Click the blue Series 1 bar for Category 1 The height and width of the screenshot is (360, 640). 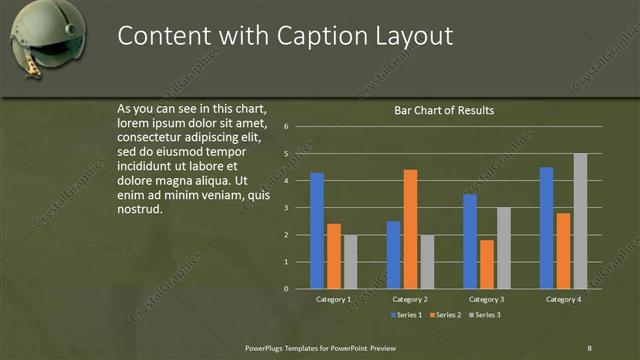pyautogui.click(x=317, y=231)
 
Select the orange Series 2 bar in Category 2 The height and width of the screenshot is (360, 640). pyautogui.click(x=410, y=229)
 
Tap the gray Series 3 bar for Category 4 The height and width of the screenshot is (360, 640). pyautogui.click(x=580, y=221)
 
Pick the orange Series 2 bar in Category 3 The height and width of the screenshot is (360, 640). pyautogui.click(x=486, y=264)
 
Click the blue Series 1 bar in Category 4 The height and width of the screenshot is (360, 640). pyautogui.click(x=547, y=228)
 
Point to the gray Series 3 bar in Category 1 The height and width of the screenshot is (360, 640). pyautogui.click(x=350, y=262)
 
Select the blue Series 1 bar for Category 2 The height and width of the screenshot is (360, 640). pyautogui.click(x=394, y=255)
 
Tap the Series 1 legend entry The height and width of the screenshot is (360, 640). pyautogui.click(x=405, y=315)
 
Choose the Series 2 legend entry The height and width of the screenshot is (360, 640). pyautogui.click(x=444, y=315)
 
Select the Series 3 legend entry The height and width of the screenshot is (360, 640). pyautogui.click(x=484, y=315)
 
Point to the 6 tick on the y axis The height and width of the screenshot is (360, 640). pyautogui.click(x=286, y=127)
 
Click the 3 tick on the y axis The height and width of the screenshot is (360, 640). pyautogui.click(x=286, y=208)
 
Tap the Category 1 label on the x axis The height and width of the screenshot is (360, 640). pyautogui.click(x=333, y=299)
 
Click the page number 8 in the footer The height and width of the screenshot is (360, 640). pyautogui.click(x=589, y=347)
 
